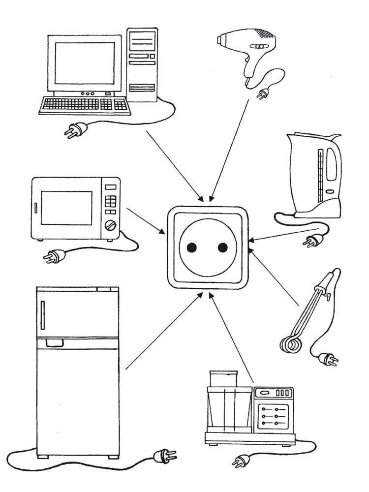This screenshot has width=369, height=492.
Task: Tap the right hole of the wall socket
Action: coord(222,247)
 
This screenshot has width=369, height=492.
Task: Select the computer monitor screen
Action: coord(85,62)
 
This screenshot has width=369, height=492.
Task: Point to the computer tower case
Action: coord(143,64)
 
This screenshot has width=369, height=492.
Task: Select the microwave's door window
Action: coord(66,208)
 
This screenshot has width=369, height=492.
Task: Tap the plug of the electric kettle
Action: coord(314,241)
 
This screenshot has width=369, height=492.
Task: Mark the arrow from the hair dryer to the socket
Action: coord(231,148)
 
